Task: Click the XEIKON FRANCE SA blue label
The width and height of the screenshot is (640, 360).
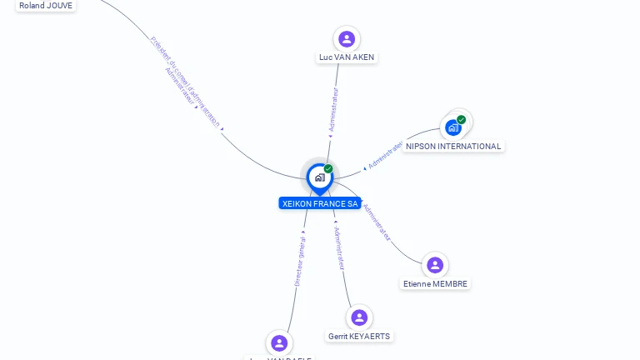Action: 320,203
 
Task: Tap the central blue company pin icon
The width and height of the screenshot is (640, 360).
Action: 319,177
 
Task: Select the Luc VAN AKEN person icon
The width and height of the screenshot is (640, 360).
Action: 347,38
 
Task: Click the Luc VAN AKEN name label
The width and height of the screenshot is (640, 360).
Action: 347,57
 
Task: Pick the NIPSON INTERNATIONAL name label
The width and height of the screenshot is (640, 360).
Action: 453,147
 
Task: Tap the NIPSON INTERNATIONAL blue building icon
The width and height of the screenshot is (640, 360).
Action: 452,128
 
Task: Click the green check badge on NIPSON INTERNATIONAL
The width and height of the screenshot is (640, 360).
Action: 461,120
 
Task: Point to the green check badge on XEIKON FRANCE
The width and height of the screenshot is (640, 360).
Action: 328,168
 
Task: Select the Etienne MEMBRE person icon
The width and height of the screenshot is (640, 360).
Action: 435,265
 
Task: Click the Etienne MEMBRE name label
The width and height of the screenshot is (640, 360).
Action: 435,284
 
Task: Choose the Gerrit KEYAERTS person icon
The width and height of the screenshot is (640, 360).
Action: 359,317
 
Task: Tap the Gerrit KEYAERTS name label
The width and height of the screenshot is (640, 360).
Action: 359,337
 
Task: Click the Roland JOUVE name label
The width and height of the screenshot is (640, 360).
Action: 46,5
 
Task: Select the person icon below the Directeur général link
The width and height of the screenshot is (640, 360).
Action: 279,342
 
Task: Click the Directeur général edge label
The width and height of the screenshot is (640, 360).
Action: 300,261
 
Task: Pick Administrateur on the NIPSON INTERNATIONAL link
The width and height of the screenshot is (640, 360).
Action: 385,156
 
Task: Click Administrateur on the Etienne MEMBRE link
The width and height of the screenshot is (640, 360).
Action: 377,222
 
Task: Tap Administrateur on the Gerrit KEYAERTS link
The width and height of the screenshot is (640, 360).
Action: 339,247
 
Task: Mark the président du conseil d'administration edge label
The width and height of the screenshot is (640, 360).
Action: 185,79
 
